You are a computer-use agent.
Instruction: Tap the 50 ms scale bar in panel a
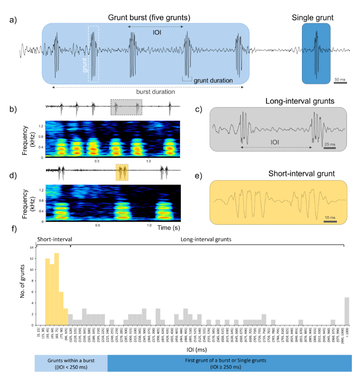pos(340,83)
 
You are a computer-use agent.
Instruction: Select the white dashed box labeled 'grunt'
pos(94,54)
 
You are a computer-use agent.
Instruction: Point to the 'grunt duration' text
pos(213,81)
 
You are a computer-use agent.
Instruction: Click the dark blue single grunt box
pos(316,54)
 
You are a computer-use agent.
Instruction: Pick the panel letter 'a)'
pos(24,20)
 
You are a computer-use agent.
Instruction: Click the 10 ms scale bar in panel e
pos(330,221)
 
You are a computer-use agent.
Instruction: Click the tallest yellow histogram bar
pos(57,288)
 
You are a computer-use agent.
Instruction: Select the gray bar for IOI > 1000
pos(346,311)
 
